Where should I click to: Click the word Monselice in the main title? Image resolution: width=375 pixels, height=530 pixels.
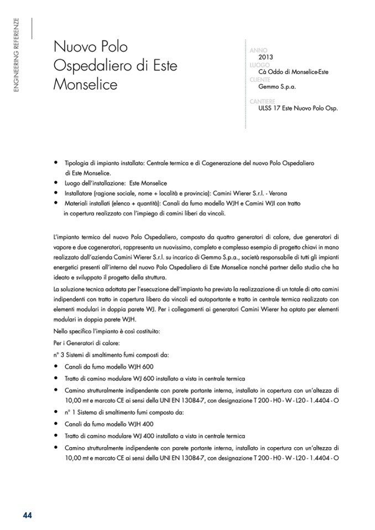coord(86,85)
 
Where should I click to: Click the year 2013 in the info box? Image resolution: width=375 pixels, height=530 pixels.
coord(266,57)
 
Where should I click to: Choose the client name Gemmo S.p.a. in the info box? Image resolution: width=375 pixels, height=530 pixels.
coord(277,87)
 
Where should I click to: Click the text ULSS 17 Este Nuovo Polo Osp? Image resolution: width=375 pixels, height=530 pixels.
coord(298,108)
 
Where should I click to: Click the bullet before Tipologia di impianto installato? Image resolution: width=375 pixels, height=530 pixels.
coord(56,163)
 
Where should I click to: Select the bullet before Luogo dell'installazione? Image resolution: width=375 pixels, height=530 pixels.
coord(56,182)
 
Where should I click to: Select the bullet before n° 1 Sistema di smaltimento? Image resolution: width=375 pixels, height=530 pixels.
coord(56,412)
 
